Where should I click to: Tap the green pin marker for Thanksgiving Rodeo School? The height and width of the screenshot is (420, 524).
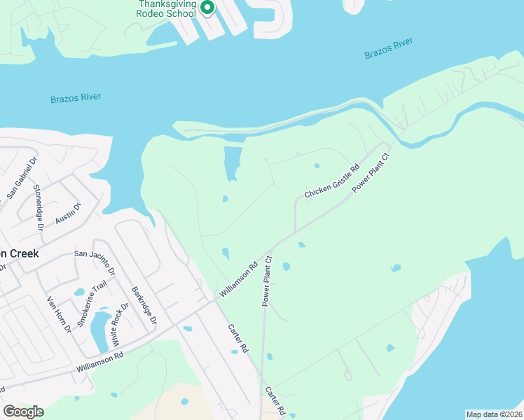[x=207, y=8]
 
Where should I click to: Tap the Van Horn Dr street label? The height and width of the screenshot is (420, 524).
[x=60, y=314]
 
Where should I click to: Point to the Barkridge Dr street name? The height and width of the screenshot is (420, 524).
[x=142, y=306]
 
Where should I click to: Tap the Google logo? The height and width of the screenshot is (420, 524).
[x=23, y=412]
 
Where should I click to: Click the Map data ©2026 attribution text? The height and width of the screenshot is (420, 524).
[x=493, y=414]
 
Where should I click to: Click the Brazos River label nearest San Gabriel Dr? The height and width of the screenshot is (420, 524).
[x=76, y=98]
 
